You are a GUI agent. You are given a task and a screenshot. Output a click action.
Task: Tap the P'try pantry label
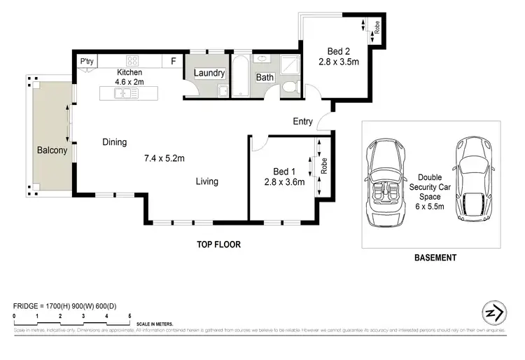(87, 62)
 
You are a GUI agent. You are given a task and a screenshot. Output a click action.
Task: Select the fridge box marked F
(173, 62)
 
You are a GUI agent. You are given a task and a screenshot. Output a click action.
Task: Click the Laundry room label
(209, 73)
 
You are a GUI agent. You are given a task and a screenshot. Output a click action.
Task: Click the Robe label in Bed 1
(324, 165)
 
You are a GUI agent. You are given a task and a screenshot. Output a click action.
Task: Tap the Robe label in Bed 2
(377, 29)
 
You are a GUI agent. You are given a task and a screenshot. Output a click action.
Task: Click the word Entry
(302, 121)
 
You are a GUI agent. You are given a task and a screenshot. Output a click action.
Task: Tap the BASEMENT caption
(435, 258)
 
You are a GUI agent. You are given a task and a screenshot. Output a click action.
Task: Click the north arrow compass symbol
(493, 313)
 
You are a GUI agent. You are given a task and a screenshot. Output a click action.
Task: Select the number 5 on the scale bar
(129, 317)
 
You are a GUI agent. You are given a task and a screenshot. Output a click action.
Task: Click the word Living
(206, 181)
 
